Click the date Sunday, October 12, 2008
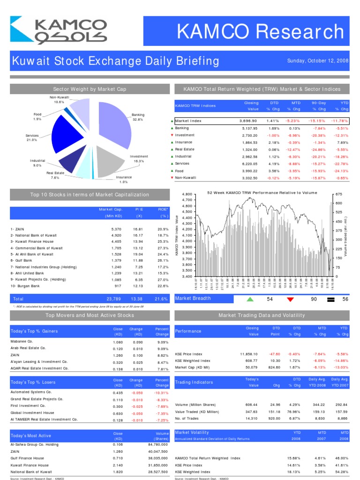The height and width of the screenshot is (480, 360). [x=317, y=61]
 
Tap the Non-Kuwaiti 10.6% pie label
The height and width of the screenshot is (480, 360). [x=59, y=99]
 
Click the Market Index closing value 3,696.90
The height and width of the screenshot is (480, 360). [x=248, y=121]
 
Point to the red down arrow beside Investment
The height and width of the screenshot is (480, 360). [x=172, y=135]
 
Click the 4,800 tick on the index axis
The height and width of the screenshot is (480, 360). [x=187, y=194]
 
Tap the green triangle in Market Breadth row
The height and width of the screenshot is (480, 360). [x=250, y=299]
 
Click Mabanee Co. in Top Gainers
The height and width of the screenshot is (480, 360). [x=21, y=341]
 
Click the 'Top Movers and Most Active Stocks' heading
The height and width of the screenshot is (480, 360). [x=90, y=315]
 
